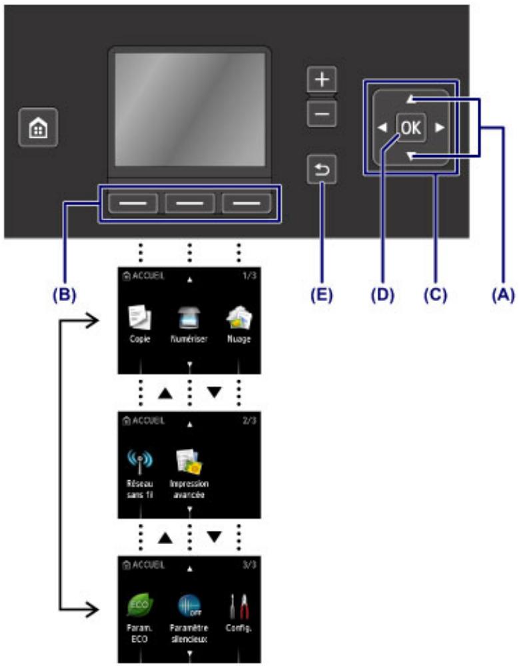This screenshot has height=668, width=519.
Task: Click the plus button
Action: coord(322,80)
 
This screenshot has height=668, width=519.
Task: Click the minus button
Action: coord(322,115)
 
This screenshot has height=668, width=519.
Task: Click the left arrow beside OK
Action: coord(381,129)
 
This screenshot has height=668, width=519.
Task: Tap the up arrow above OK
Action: coord(411,100)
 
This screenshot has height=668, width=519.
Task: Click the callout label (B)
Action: coord(65,292)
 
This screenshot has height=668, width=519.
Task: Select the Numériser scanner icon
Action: coord(190,319)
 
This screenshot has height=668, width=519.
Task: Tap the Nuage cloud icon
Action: coord(239,319)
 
